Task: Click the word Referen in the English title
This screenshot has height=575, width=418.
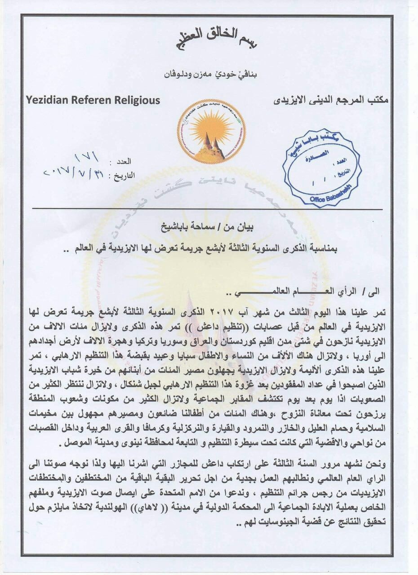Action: (x=92, y=100)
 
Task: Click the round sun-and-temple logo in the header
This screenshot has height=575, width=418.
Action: (x=211, y=130)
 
